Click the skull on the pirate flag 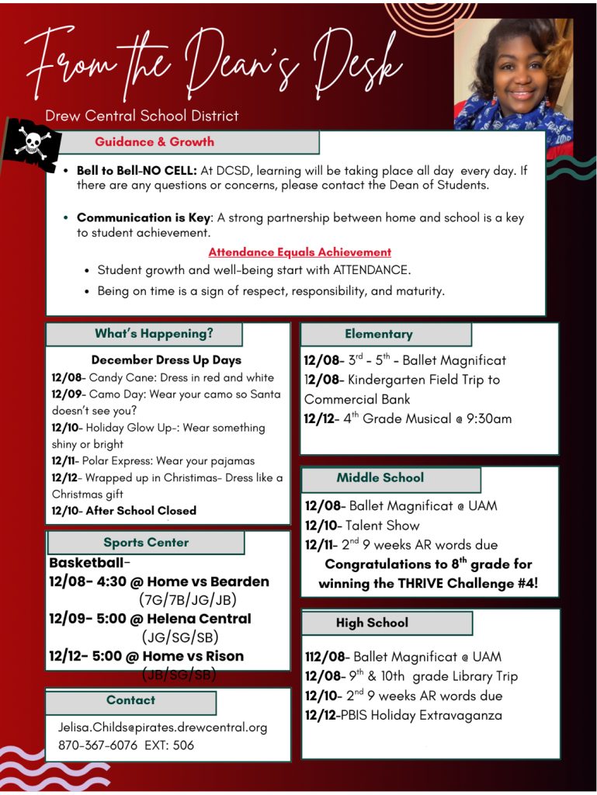point(32,142)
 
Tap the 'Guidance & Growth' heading point(154,142)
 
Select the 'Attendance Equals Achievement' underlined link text point(299,252)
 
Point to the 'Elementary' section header point(378,334)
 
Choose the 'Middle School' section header point(380,477)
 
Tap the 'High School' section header point(372,623)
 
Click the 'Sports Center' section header point(146,542)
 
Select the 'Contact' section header point(130,700)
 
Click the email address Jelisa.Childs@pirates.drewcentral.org point(162,727)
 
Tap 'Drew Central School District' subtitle point(142,116)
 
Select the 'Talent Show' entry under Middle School point(382,526)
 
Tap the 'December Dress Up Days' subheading point(166,360)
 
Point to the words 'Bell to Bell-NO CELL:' point(137,170)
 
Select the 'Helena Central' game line point(150,619)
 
